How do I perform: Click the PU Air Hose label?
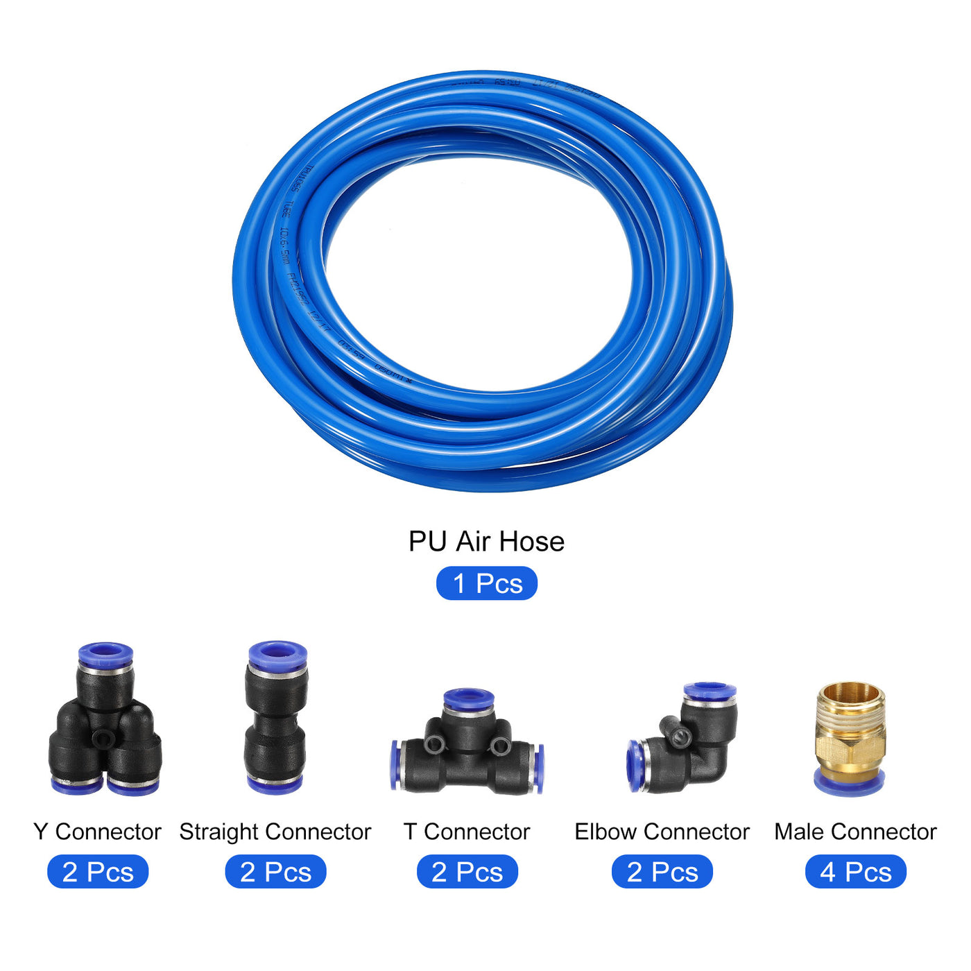[486, 542]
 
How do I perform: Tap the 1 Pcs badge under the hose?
[486, 583]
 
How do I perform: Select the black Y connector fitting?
[105, 735]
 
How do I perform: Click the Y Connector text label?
[97, 832]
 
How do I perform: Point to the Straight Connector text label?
[275, 832]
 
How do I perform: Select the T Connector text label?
[467, 832]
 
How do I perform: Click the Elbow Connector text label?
[662, 832]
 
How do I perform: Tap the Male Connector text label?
[855, 832]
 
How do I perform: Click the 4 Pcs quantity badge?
[855, 872]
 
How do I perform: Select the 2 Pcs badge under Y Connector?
[98, 872]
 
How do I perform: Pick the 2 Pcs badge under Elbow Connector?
[662, 872]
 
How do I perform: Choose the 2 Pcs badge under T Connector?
[467, 872]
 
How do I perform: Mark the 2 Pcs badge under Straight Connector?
[275, 872]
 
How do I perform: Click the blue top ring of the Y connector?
[105, 653]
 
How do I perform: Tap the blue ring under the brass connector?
[849, 785]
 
